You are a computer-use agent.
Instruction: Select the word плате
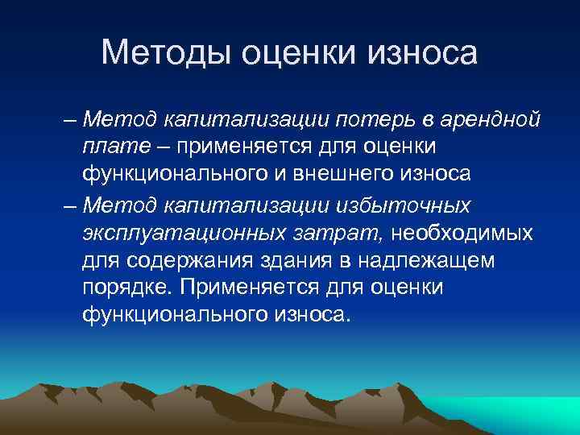(x=107, y=148)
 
